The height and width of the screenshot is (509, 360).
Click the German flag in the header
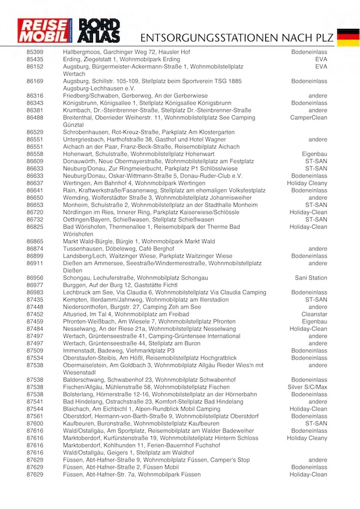pos(348,37)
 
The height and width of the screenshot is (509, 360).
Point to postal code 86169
pos(35,81)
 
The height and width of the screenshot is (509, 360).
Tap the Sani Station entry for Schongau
pos(311,278)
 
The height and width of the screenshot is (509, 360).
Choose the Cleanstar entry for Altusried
pos(314,314)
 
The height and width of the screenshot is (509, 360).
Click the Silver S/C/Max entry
pos(307,387)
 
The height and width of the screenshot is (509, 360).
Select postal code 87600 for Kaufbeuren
pos(35,423)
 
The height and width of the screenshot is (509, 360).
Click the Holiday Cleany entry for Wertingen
pos(307,183)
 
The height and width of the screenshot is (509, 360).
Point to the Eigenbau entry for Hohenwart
pos(314,154)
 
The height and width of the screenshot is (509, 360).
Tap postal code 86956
pos(35,278)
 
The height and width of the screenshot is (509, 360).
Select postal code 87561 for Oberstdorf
pos(35,416)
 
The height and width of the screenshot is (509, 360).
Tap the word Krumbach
pos(76,110)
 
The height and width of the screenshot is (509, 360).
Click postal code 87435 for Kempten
pos(35,300)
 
